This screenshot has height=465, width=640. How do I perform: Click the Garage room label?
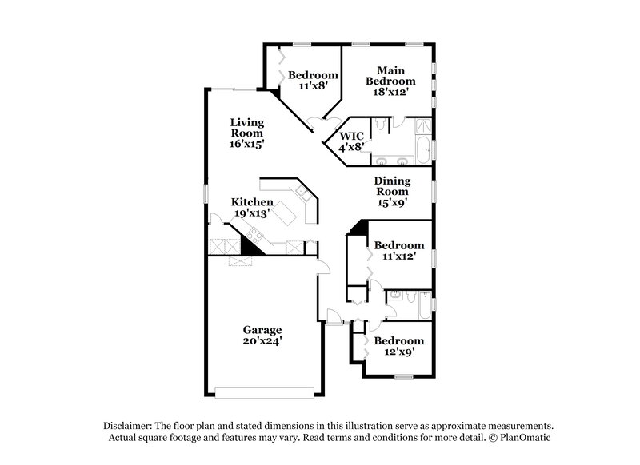[x=262, y=328]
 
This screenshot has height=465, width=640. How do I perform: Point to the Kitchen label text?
[x=252, y=202]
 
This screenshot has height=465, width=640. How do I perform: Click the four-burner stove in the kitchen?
[x=255, y=236]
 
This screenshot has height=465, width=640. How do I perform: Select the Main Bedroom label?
[x=390, y=75]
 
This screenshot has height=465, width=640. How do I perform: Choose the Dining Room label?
[x=392, y=185]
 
